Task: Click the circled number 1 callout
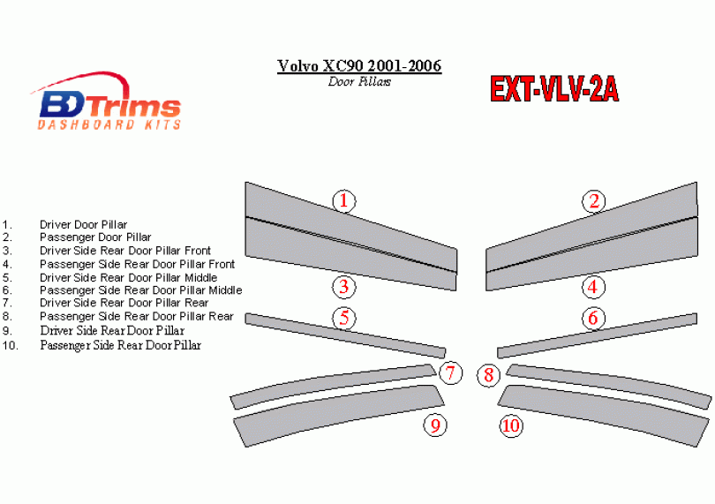pos(344,201)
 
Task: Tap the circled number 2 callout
pos(594,201)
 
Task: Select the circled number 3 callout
pos(344,287)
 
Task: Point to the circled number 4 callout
pos(593,287)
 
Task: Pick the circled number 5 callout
pos(344,318)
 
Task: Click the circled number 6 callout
pos(593,318)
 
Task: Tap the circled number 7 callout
pos(450,373)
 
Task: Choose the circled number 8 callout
pos(488,375)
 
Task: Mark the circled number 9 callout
pos(435,425)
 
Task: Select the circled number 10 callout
pos(511,426)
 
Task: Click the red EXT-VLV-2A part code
pos(554,89)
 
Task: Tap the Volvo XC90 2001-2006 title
pos(359,66)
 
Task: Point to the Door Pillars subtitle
pos(359,81)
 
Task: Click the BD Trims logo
pos(107,102)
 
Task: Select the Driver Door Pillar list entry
pos(84,224)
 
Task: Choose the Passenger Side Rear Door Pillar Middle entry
pos(141,290)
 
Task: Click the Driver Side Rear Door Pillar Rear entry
pos(124,303)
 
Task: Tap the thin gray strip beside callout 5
pos(345,335)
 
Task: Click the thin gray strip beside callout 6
pos(597,335)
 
